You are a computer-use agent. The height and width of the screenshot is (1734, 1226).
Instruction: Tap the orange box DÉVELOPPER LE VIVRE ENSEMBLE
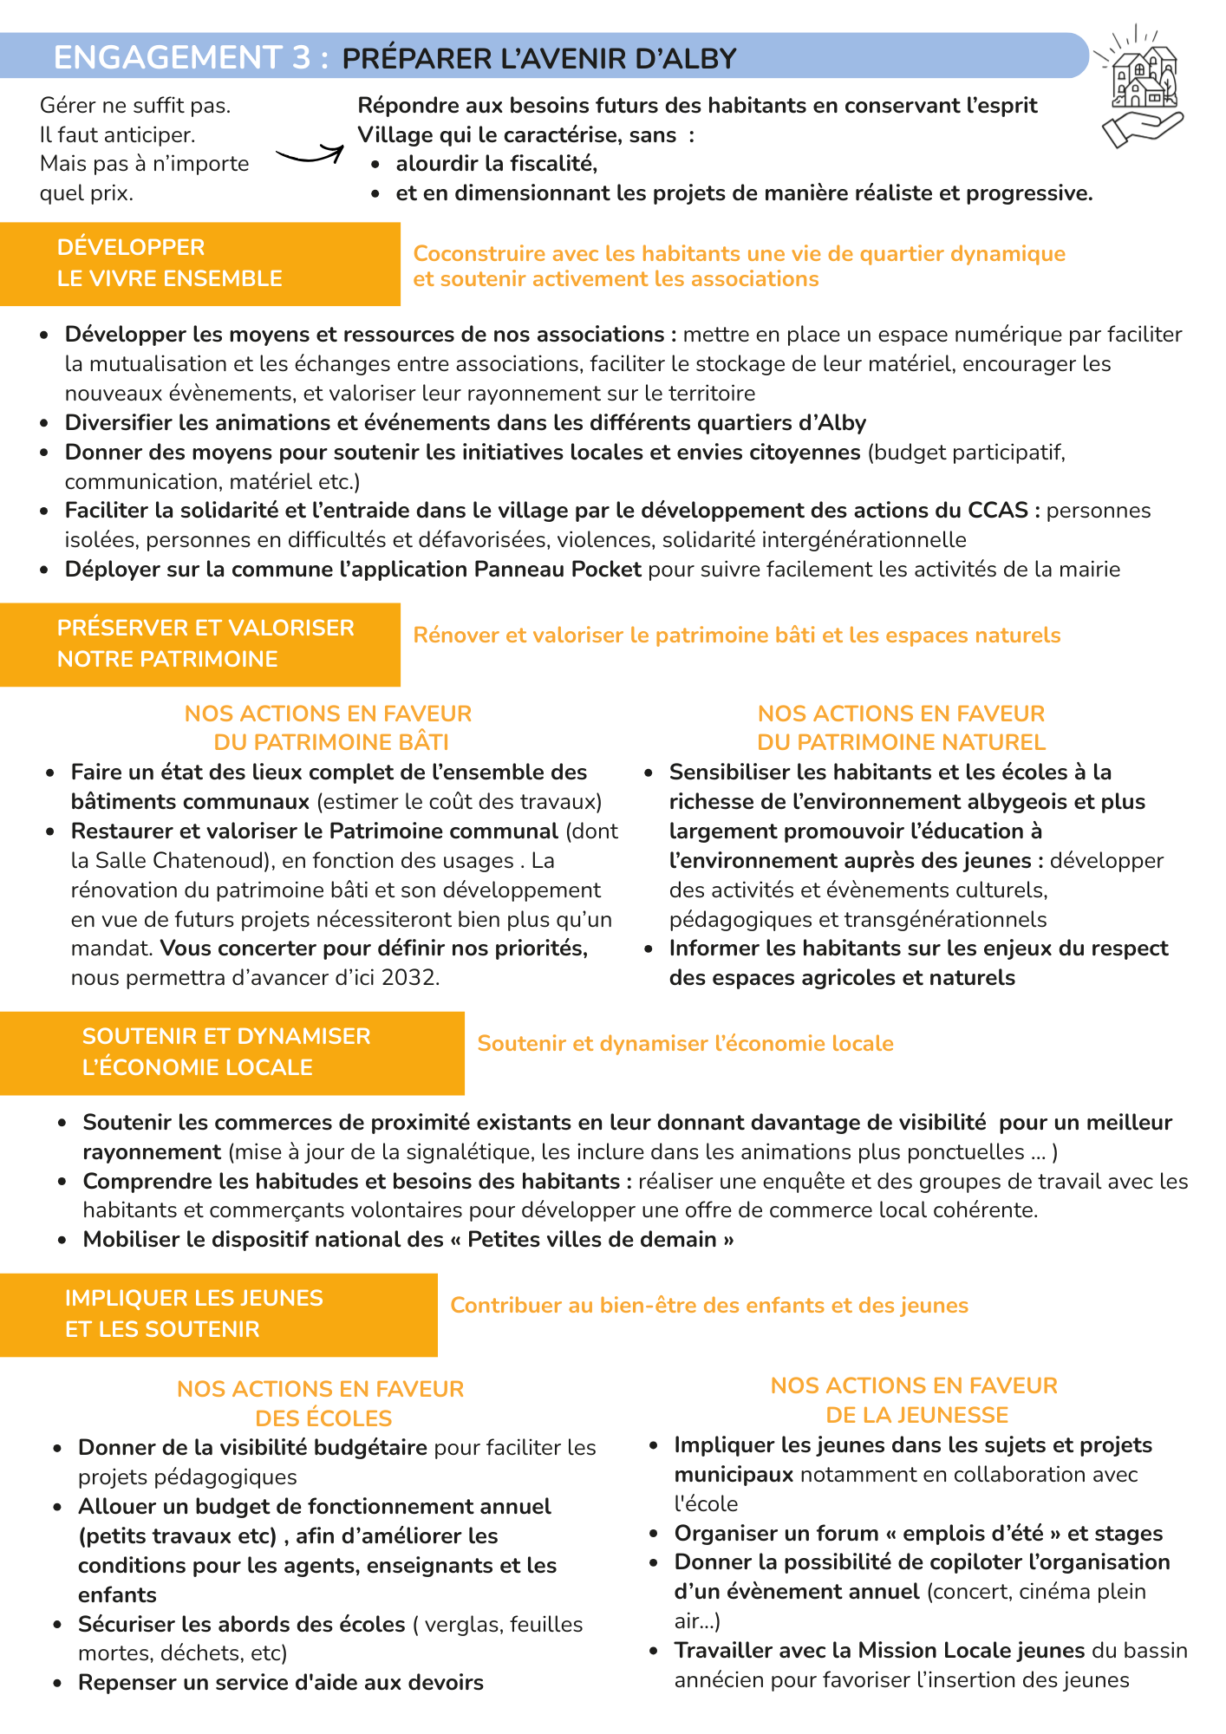tap(199, 264)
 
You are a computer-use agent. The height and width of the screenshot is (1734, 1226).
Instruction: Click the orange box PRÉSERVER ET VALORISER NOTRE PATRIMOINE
tap(199, 644)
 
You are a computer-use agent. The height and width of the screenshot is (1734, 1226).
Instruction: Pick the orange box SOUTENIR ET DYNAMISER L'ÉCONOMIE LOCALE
tap(231, 1053)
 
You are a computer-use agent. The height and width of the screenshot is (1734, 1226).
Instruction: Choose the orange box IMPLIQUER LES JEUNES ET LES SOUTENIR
tap(218, 1314)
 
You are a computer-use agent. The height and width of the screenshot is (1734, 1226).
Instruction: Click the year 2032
tap(408, 978)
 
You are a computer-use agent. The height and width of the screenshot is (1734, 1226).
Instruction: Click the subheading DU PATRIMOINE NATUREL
tap(901, 743)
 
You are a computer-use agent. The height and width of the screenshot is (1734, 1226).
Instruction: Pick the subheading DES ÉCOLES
tap(323, 1418)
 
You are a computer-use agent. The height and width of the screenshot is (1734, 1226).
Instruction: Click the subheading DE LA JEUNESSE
tap(916, 1415)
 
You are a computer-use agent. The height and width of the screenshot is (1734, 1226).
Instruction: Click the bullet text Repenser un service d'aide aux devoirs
tap(280, 1683)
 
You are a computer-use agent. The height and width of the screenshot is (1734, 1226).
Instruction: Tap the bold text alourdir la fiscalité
tap(496, 164)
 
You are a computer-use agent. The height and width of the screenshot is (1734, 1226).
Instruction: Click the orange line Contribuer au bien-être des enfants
tap(708, 1306)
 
